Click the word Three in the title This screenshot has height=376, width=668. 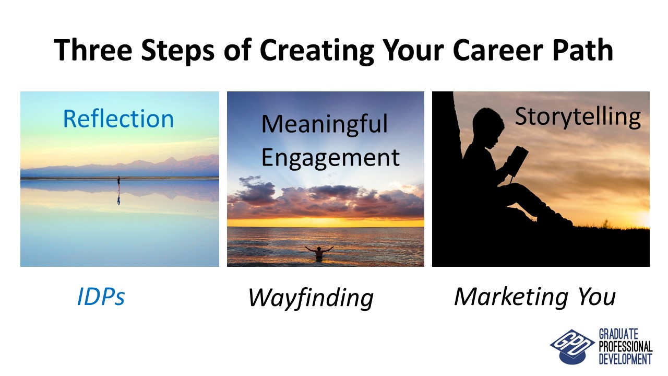click(93, 50)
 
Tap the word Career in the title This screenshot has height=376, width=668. click(498, 50)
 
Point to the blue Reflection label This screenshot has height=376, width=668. click(118, 119)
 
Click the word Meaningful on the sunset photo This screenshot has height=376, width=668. click(325, 124)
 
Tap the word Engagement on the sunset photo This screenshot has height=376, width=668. click(330, 158)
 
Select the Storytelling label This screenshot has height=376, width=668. click(578, 117)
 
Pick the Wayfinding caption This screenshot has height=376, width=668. click(311, 298)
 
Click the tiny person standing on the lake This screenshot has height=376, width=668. click(118, 182)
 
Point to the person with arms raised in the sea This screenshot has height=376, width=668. click(319, 252)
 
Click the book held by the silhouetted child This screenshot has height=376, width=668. click(517, 161)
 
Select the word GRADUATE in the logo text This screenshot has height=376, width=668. click(618, 334)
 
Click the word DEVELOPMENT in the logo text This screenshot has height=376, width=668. click(625, 359)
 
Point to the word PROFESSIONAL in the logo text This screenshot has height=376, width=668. click(626, 346)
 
